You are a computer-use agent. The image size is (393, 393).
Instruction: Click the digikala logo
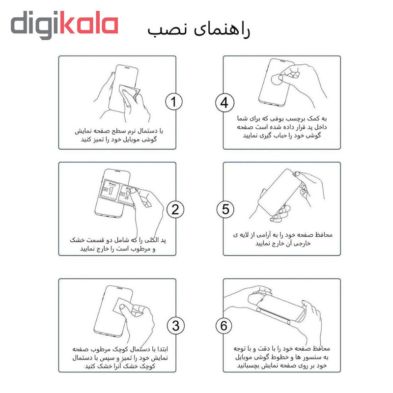(64, 25)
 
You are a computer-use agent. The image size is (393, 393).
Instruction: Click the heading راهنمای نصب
(198, 29)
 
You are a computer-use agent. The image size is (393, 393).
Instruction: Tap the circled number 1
(174, 102)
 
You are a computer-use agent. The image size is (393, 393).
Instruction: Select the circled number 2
(175, 210)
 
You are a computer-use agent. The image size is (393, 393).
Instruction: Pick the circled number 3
(176, 326)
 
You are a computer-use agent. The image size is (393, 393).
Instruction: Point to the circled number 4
(225, 103)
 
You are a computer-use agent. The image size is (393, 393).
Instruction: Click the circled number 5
(225, 209)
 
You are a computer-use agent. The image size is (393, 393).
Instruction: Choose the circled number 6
(224, 326)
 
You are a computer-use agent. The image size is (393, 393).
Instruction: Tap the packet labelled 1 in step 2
(110, 190)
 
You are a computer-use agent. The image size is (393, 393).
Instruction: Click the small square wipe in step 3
(124, 306)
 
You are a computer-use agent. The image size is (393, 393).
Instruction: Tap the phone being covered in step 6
(277, 308)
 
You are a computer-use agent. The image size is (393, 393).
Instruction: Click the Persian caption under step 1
(118, 135)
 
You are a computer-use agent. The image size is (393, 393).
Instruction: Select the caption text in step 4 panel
(281, 127)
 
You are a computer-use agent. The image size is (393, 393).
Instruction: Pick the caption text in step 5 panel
(283, 239)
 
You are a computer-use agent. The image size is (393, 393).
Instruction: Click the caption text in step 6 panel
(281, 357)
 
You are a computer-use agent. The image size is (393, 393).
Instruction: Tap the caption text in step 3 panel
(120, 358)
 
